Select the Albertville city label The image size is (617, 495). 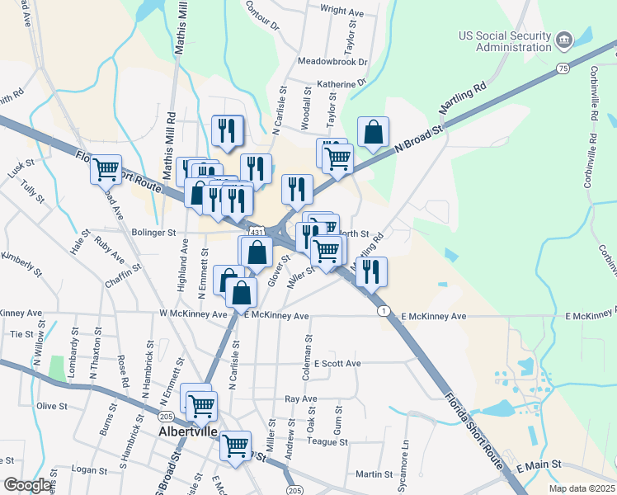click(x=187, y=431)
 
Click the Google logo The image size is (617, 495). click(x=28, y=485)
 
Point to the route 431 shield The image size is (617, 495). click(x=257, y=233)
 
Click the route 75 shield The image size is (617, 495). click(x=563, y=68)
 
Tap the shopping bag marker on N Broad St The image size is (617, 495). click(x=373, y=131)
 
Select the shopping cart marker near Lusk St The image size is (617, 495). click(x=106, y=169)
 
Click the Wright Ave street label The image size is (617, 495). click(x=341, y=12)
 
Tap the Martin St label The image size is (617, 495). click(x=374, y=474)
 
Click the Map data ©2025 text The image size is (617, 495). click(x=582, y=488)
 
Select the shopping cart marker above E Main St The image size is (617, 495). click(x=236, y=446)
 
